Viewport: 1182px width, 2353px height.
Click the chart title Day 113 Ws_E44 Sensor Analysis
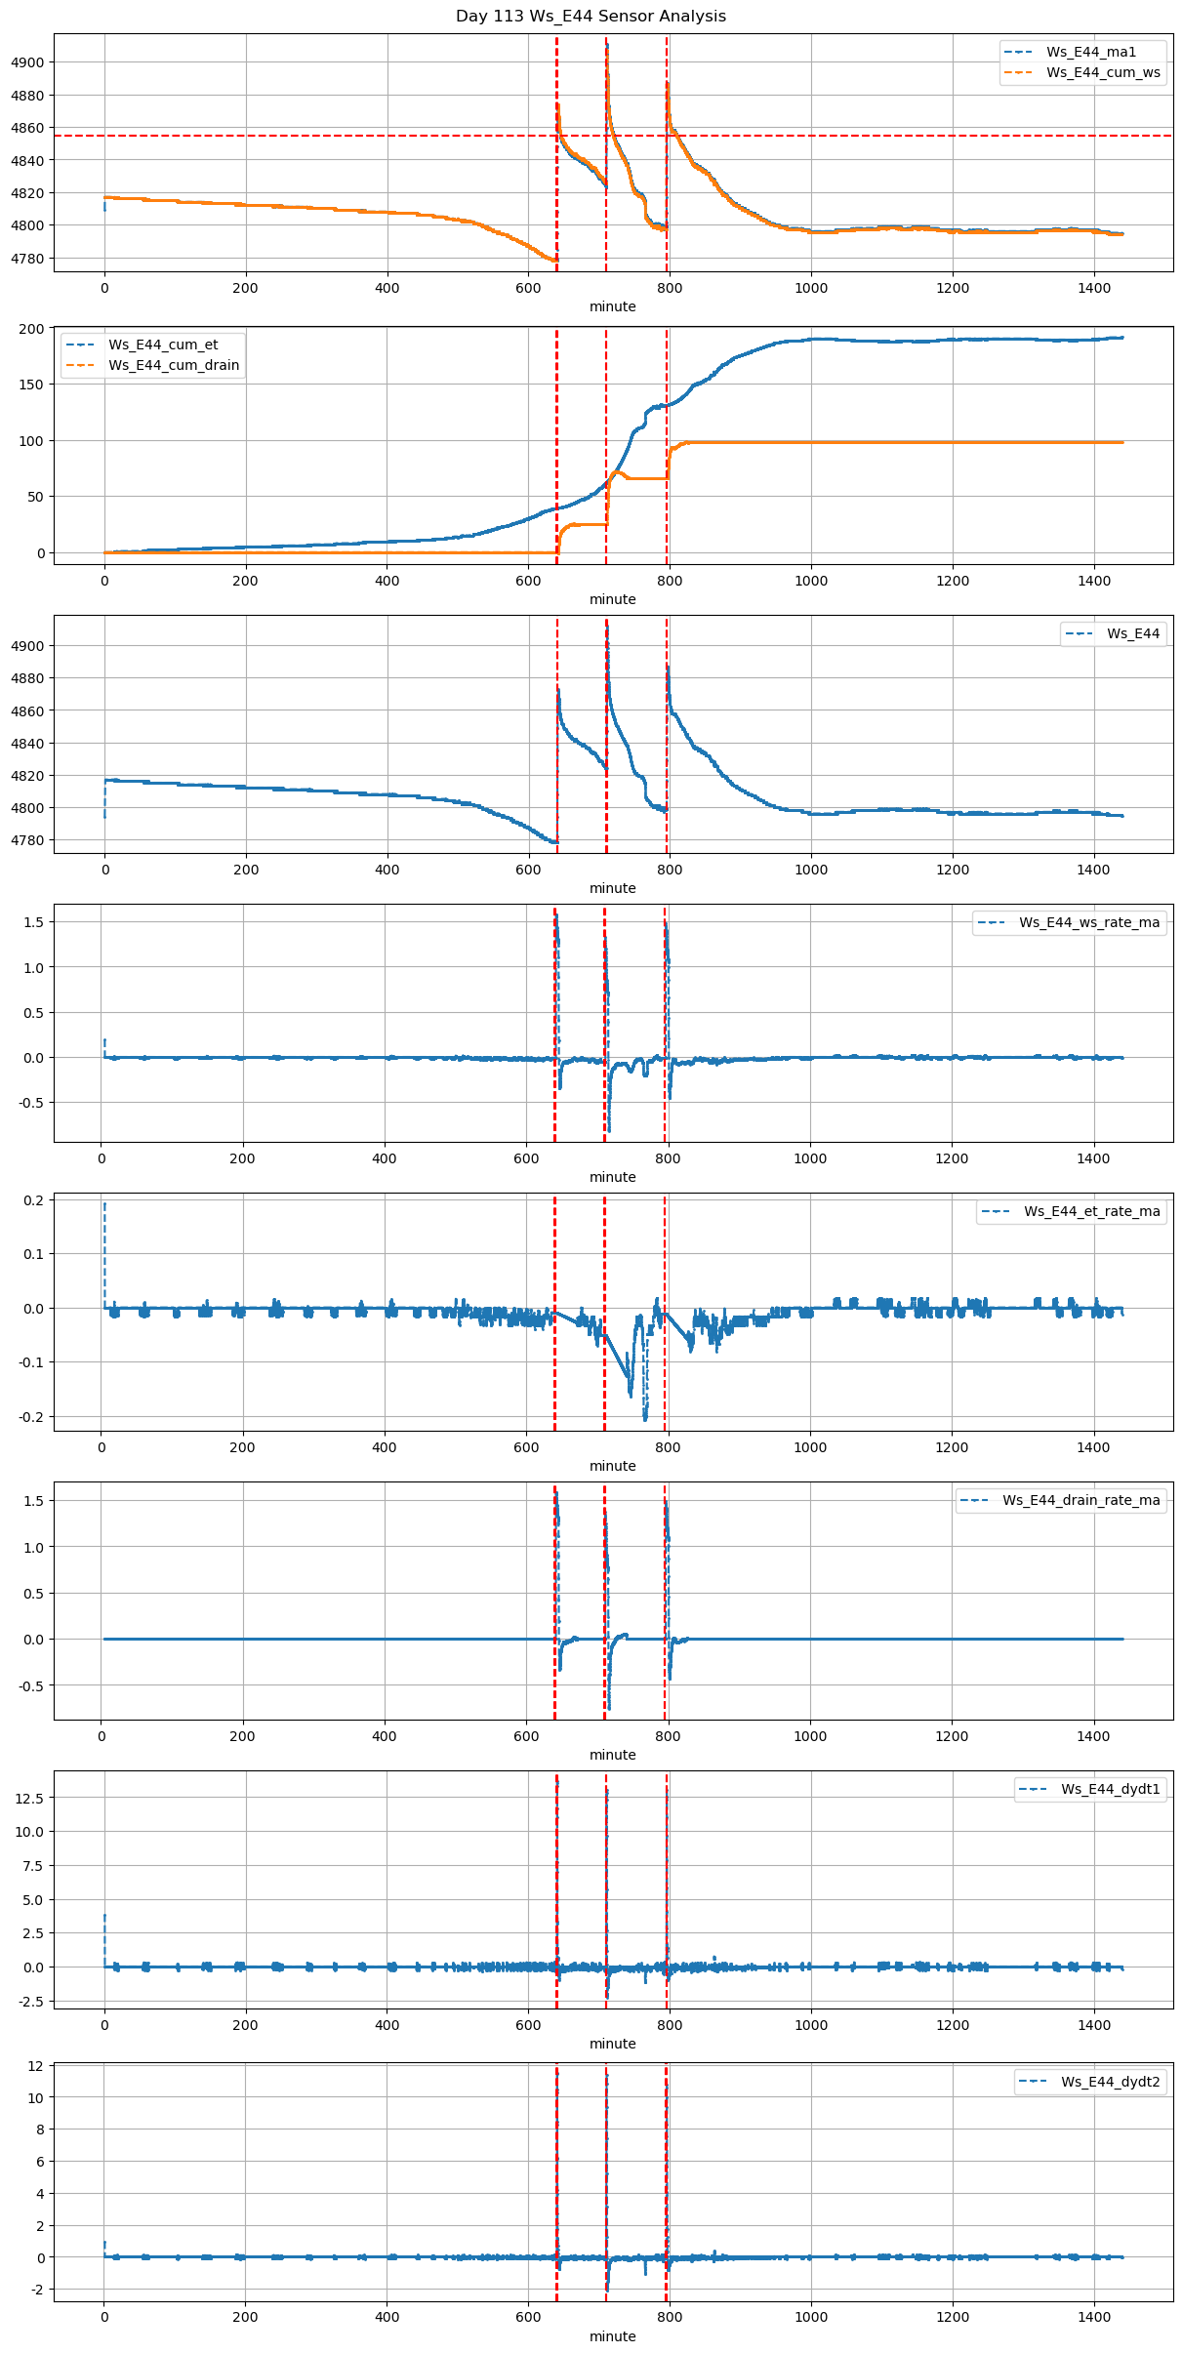pos(591,17)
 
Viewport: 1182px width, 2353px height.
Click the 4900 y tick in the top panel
pos(27,62)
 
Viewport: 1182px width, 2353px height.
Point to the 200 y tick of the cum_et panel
pos(33,329)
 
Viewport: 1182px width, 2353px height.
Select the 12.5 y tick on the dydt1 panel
pos(29,1798)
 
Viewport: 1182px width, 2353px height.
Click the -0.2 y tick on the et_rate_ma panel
pos(30,1417)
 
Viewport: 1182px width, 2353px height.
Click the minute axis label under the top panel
pos(612,306)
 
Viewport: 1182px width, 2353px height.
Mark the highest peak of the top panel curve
pos(606,45)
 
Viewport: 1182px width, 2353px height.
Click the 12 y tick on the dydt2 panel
pos(35,2066)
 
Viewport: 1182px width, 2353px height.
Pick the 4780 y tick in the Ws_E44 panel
pos(27,840)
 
